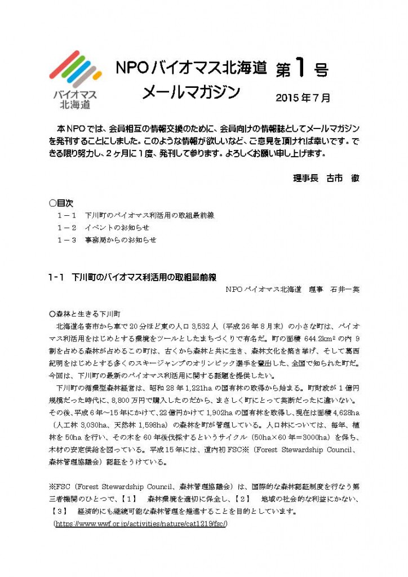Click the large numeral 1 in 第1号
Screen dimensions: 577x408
pos(299,68)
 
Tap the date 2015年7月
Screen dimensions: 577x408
pos(303,97)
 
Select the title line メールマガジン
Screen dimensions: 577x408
pos(191,92)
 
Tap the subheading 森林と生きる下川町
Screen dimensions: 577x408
pos(89,313)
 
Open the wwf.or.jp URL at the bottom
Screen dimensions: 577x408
pos(140,523)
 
